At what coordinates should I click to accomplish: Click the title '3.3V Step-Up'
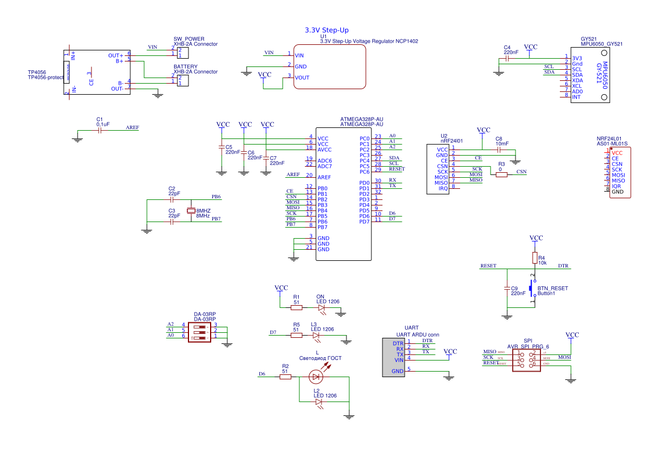coord(326,30)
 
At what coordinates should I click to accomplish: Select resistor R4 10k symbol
coord(535,258)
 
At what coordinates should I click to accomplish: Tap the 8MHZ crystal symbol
coord(192,211)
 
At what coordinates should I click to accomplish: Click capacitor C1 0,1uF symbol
coord(100,131)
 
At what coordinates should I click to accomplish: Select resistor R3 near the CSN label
coord(502,174)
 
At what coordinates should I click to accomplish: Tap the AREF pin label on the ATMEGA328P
coord(324,177)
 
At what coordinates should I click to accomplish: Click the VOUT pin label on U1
coord(302,78)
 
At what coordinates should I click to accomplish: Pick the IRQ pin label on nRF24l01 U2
coord(443,189)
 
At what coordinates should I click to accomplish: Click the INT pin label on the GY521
coord(576,97)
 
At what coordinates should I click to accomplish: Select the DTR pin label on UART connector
coord(399,343)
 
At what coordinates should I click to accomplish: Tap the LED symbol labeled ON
coord(321,307)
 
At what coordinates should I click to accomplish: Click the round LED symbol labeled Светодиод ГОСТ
coord(316,377)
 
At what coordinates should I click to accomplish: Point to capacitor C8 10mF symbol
coord(499,150)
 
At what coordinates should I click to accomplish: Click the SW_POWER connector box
coord(182,53)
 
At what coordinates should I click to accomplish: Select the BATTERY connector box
coord(182,80)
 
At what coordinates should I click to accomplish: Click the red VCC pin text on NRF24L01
coord(617,153)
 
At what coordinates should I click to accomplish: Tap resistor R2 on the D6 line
coord(285,377)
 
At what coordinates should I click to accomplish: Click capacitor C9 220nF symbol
coord(506,289)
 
